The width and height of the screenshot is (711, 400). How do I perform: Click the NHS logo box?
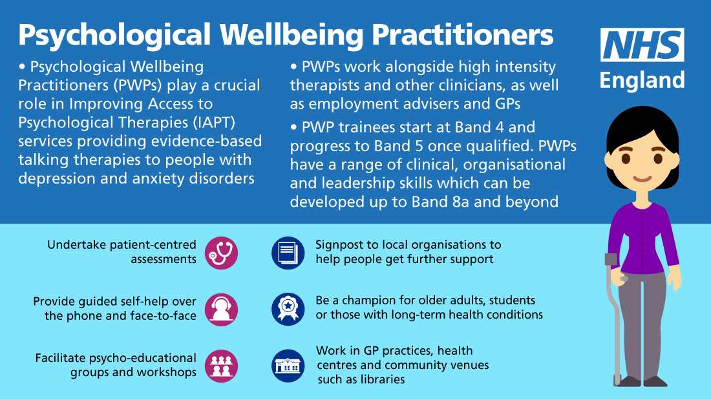[x=642, y=45]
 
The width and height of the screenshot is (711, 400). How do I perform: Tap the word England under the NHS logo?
[x=642, y=80]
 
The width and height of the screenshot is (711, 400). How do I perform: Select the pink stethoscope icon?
[x=221, y=253]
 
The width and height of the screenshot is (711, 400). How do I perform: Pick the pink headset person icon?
[x=221, y=310]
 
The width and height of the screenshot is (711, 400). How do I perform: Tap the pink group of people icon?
[x=221, y=366]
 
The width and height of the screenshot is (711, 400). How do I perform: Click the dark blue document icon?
[x=288, y=253]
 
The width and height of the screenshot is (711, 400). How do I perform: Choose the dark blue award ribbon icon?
[x=288, y=310]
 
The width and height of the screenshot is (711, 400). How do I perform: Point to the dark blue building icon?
[x=288, y=366]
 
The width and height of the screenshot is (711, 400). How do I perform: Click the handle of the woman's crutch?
[x=611, y=260]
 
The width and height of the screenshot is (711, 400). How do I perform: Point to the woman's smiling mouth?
[x=642, y=179]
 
